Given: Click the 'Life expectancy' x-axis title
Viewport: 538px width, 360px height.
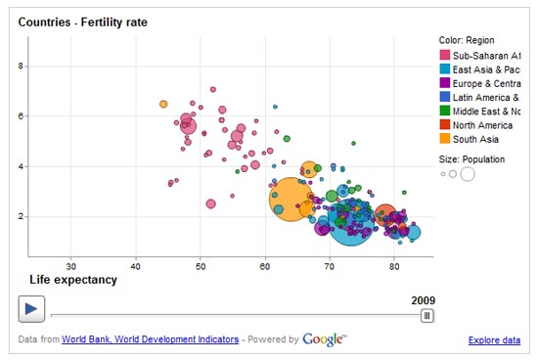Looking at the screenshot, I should point(73,280).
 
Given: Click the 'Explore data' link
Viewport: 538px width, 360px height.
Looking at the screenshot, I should point(494,339).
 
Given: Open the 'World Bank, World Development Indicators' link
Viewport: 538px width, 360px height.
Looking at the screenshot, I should point(150,339).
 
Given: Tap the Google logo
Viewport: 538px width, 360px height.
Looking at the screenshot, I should point(325,338).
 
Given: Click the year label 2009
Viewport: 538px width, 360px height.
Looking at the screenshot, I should point(423,299).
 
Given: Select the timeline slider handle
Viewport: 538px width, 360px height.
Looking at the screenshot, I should point(426,315).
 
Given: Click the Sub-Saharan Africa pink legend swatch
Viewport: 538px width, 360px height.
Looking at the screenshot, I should point(445,56).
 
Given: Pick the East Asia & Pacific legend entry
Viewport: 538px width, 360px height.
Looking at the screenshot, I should point(478,69).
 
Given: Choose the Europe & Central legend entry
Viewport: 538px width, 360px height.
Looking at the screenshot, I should point(478,83).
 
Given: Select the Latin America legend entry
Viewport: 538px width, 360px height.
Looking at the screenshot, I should point(478,97).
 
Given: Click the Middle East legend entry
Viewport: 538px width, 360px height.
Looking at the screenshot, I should point(478,111).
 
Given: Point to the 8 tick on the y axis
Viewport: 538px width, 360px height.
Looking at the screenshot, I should point(22,66).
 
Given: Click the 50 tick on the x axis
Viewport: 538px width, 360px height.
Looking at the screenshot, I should point(201,266).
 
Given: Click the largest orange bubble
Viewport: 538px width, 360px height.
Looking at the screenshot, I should point(291,200).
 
